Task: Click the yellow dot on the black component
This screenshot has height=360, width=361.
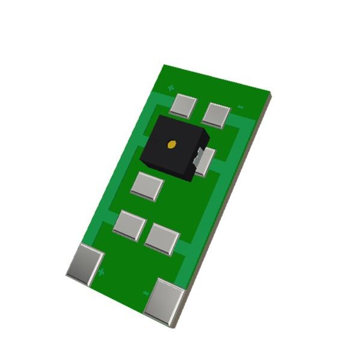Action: point(171,144)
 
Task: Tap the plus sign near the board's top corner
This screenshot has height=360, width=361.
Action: point(171,88)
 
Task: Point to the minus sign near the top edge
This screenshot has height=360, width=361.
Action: point(240,107)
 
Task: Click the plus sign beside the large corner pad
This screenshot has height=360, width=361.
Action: point(101,272)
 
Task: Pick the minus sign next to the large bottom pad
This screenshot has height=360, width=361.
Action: point(146,293)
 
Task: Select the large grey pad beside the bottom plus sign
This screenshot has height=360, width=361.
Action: point(84,264)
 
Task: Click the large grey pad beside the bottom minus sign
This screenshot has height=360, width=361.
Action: point(164,301)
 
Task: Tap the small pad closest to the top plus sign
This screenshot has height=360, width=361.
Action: point(182,105)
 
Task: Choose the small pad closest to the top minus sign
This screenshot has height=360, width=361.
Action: point(216,114)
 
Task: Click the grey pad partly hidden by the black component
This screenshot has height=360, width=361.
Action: point(205,161)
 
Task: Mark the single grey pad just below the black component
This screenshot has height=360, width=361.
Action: point(147,185)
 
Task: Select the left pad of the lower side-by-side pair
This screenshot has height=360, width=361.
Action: point(129,225)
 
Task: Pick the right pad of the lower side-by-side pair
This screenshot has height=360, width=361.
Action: point(162,238)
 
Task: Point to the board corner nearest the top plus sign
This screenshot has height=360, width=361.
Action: point(164,66)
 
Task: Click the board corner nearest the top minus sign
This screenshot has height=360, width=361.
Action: point(269,93)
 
